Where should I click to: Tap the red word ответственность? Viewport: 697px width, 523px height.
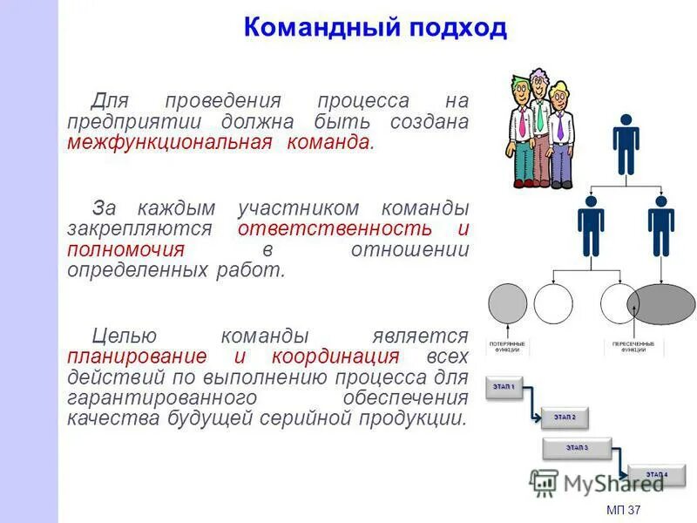click(x=335, y=228)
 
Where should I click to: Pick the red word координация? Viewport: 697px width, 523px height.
click(x=335, y=357)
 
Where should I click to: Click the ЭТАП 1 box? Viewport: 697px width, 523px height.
click(x=504, y=387)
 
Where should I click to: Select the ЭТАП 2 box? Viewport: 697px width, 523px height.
click(x=565, y=418)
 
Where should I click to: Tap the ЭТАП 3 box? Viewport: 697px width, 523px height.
click(x=576, y=448)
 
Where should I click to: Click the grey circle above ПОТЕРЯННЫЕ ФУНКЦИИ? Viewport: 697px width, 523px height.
click(x=508, y=303)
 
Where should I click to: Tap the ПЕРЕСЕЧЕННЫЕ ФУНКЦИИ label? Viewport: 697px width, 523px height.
click(x=634, y=347)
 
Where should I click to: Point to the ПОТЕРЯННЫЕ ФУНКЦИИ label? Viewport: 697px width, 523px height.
click(x=508, y=347)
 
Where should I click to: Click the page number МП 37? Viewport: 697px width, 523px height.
click(x=622, y=509)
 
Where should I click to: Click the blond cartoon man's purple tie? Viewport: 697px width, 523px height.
click(x=558, y=126)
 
